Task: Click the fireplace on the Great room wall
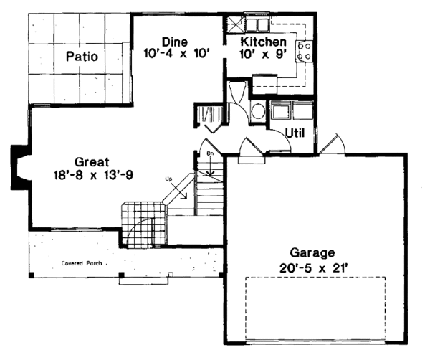tap(19, 169)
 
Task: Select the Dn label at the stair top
tap(211, 153)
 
